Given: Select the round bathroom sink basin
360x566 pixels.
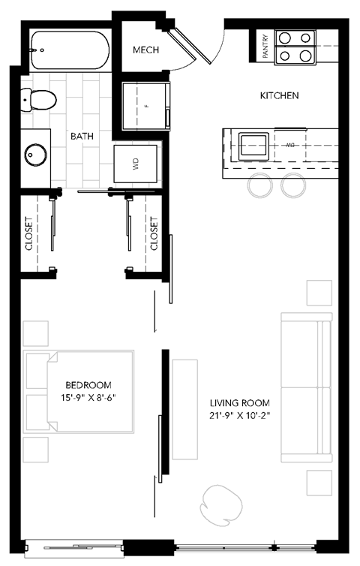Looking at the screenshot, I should click(36, 155).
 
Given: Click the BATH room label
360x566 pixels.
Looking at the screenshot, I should click(82, 137).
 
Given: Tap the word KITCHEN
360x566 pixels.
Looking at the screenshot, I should click(279, 95).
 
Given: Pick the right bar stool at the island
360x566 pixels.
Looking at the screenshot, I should click(293, 185).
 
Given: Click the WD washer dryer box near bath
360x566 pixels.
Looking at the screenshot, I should click(136, 164).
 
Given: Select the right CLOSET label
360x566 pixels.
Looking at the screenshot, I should click(154, 234).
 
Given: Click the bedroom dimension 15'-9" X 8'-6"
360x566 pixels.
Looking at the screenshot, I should click(90, 397).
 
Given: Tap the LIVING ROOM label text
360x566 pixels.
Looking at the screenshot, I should click(240, 402).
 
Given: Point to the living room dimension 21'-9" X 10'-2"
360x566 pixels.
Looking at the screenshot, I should click(240, 416).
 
